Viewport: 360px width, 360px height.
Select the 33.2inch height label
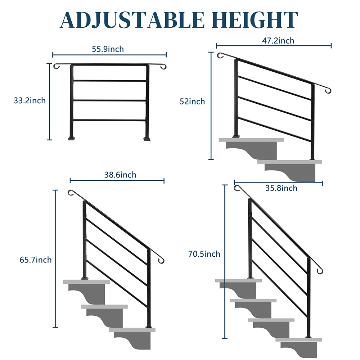pyautogui.click(x=30, y=100)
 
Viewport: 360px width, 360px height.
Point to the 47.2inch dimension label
pyautogui.click(x=278, y=40)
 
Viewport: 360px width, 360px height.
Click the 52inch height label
pyautogui.click(x=192, y=102)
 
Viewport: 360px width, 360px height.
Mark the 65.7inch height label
pyautogui.click(x=36, y=260)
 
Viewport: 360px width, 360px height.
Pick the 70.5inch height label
pyautogui.click(x=204, y=254)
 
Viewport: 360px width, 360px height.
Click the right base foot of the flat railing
pyautogui.click(x=148, y=138)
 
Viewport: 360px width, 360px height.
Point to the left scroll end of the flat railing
pyautogui.click(x=56, y=67)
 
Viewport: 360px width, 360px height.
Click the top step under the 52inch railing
pyautogui.click(x=251, y=139)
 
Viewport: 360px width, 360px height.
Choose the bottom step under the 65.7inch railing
pyautogui.click(x=132, y=329)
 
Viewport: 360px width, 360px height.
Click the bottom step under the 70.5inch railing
pyautogui.click(x=298, y=339)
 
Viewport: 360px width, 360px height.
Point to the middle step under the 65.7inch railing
pyautogui.click(x=104, y=307)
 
